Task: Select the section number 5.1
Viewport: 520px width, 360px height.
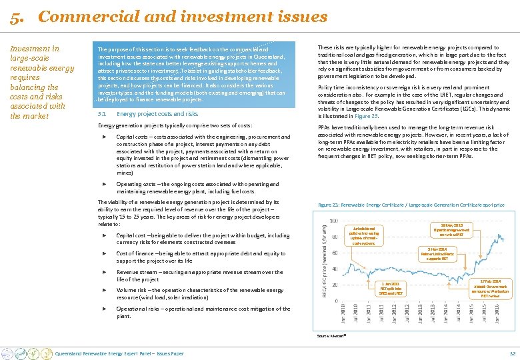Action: click(101, 114)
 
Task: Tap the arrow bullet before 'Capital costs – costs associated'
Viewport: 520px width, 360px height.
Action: click(105, 137)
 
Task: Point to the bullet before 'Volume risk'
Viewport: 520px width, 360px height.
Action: click(105, 290)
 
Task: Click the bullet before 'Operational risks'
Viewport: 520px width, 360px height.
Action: click(105, 309)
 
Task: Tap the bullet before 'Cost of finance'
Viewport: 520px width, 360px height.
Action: click(105, 253)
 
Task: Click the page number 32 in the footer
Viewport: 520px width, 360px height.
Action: click(512, 353)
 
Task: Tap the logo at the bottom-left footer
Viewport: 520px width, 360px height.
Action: click(27, 352)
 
